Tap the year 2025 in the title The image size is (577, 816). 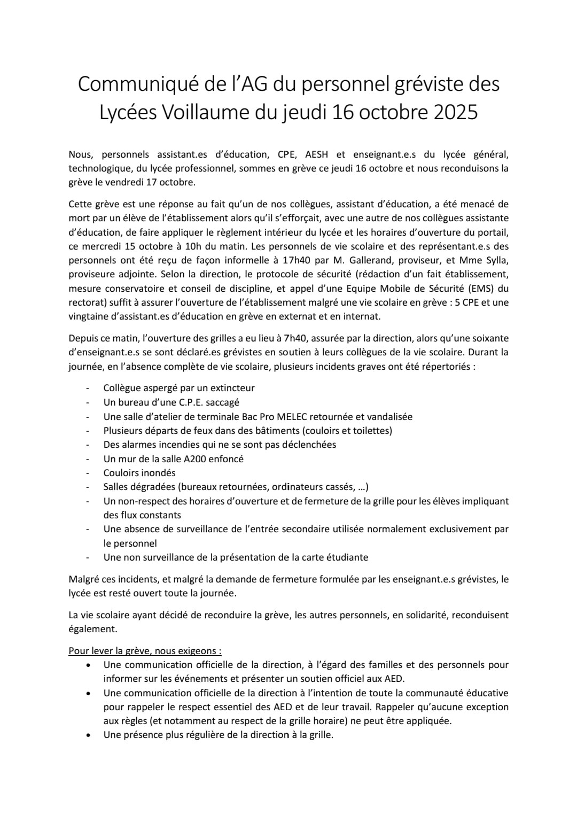454,112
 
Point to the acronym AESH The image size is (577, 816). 317,154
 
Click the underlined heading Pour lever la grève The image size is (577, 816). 144,651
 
